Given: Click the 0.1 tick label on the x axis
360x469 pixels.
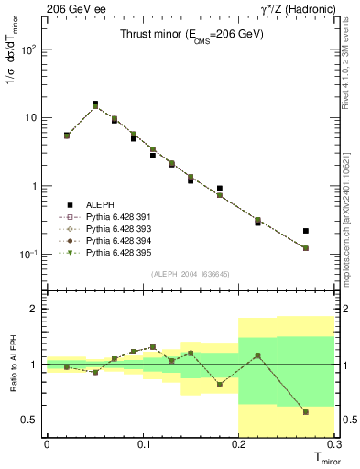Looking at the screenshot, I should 143,445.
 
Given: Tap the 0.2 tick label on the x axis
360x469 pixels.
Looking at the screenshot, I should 239,445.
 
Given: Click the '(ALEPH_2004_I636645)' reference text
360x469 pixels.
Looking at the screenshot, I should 191,274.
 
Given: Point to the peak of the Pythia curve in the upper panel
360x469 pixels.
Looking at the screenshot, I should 95,106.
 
